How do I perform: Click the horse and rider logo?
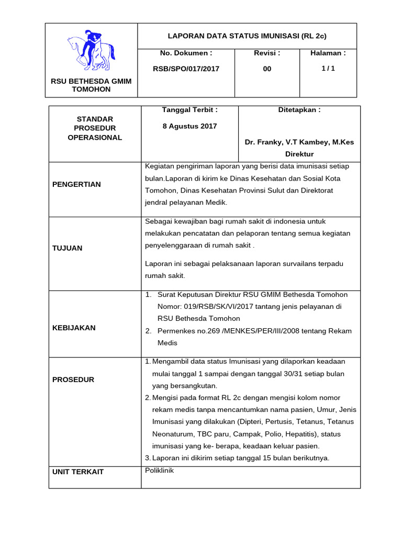[x=91, y=50]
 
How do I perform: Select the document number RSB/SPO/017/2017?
[x=186, y=69]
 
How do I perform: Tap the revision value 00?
[x=267, y=69]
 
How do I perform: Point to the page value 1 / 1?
[x=328, y=69]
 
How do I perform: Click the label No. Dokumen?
[x=186, y=53]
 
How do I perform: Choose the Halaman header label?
[x=328, y=53]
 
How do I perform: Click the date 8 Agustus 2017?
[x=189, y=126]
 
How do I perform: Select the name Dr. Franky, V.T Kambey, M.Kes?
[x=299, y=142]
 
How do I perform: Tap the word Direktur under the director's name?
[x=299, y=154]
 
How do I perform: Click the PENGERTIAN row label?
[x=76, y=184]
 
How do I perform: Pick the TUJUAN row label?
[x=67, y=248]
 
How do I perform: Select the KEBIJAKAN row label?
[x=74, y=328]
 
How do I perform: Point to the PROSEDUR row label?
[x=73, y=379]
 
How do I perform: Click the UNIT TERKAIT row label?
[x=78, y=472]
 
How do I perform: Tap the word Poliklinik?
[x=159, y=470]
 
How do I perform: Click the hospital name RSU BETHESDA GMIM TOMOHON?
[x=91, y=85]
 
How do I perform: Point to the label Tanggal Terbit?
[x=189, y=110]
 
